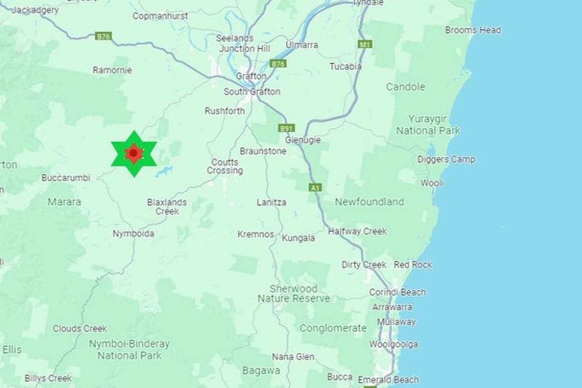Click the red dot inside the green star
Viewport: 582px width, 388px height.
coord(133,153)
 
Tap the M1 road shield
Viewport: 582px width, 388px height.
coord(365,44)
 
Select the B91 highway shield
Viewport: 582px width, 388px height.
coord(286,128)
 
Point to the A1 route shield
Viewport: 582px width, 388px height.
coord(315,187)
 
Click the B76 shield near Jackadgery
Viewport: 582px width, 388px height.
coord(103,36)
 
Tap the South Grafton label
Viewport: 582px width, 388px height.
coord(252,92)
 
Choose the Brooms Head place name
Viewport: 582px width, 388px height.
coord(473,30)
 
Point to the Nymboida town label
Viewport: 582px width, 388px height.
coord(133,234)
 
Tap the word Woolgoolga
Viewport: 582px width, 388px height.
coord(393,344)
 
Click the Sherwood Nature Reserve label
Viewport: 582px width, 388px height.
coord(294,294)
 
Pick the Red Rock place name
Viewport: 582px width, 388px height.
coord(412,265)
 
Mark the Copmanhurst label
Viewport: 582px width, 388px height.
coord(160,16)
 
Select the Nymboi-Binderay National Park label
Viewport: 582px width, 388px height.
coord(129,350)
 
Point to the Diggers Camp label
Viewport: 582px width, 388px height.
coord(446,159)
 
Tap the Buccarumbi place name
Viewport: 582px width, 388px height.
coord(66,178)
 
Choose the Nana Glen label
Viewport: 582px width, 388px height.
coord(294,357)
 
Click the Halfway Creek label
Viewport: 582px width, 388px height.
coord(357,232)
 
